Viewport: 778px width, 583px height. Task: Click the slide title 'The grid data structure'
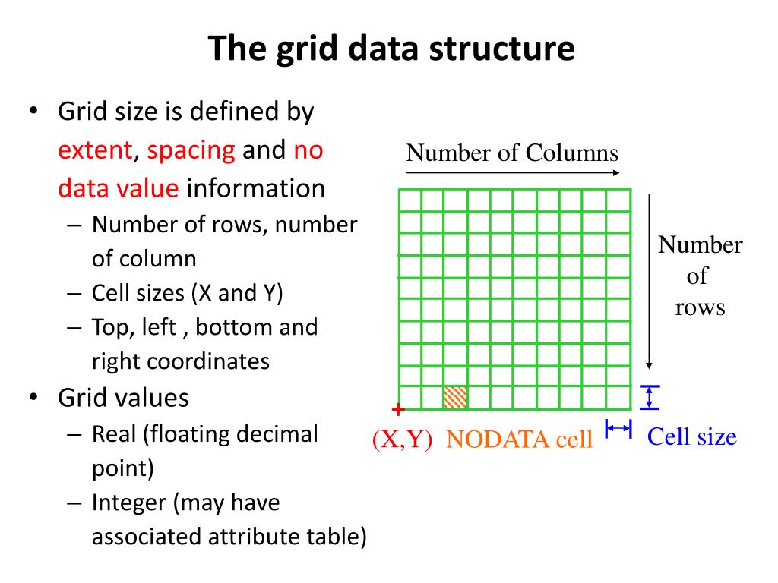click(391, 49)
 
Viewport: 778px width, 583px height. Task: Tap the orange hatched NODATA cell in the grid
click(455, 397)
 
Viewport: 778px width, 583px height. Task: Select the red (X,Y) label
click(402, 439)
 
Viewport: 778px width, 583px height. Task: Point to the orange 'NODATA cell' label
click(519, 439)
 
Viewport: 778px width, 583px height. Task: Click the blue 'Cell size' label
click(691, 436)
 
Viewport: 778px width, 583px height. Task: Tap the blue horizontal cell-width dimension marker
click(618, 430)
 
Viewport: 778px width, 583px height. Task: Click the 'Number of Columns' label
click(512, 153)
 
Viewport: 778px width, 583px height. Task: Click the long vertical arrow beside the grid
click(649, 281)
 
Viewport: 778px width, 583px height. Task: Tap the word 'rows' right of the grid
click(700, 307)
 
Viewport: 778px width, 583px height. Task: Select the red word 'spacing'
click(191, 150)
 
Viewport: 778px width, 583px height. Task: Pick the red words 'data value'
click(119, 188)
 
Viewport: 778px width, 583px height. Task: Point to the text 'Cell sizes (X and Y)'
click(187, 293)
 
